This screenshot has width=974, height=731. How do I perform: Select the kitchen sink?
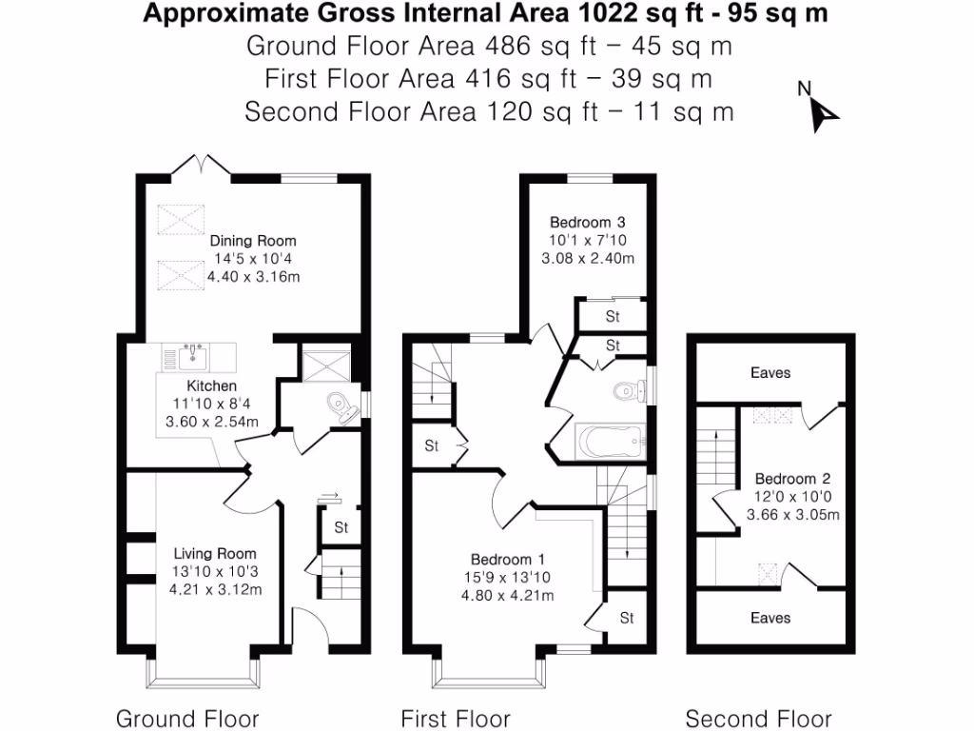[x=193, y=357]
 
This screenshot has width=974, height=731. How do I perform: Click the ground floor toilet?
[x=338, y=405]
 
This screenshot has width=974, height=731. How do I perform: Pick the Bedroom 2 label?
[x=787, y=479]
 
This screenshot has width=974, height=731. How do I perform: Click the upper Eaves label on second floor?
[x=769, y=372]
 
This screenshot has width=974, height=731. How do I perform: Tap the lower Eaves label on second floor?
[x=769, y=618]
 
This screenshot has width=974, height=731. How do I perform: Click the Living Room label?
[x=215, y=553]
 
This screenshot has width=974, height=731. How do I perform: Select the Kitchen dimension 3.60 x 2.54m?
[x=211, y=421]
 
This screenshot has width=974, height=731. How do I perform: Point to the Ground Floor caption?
[x=187, y=718]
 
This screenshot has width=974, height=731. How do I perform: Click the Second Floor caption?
[x=758, y=718]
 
